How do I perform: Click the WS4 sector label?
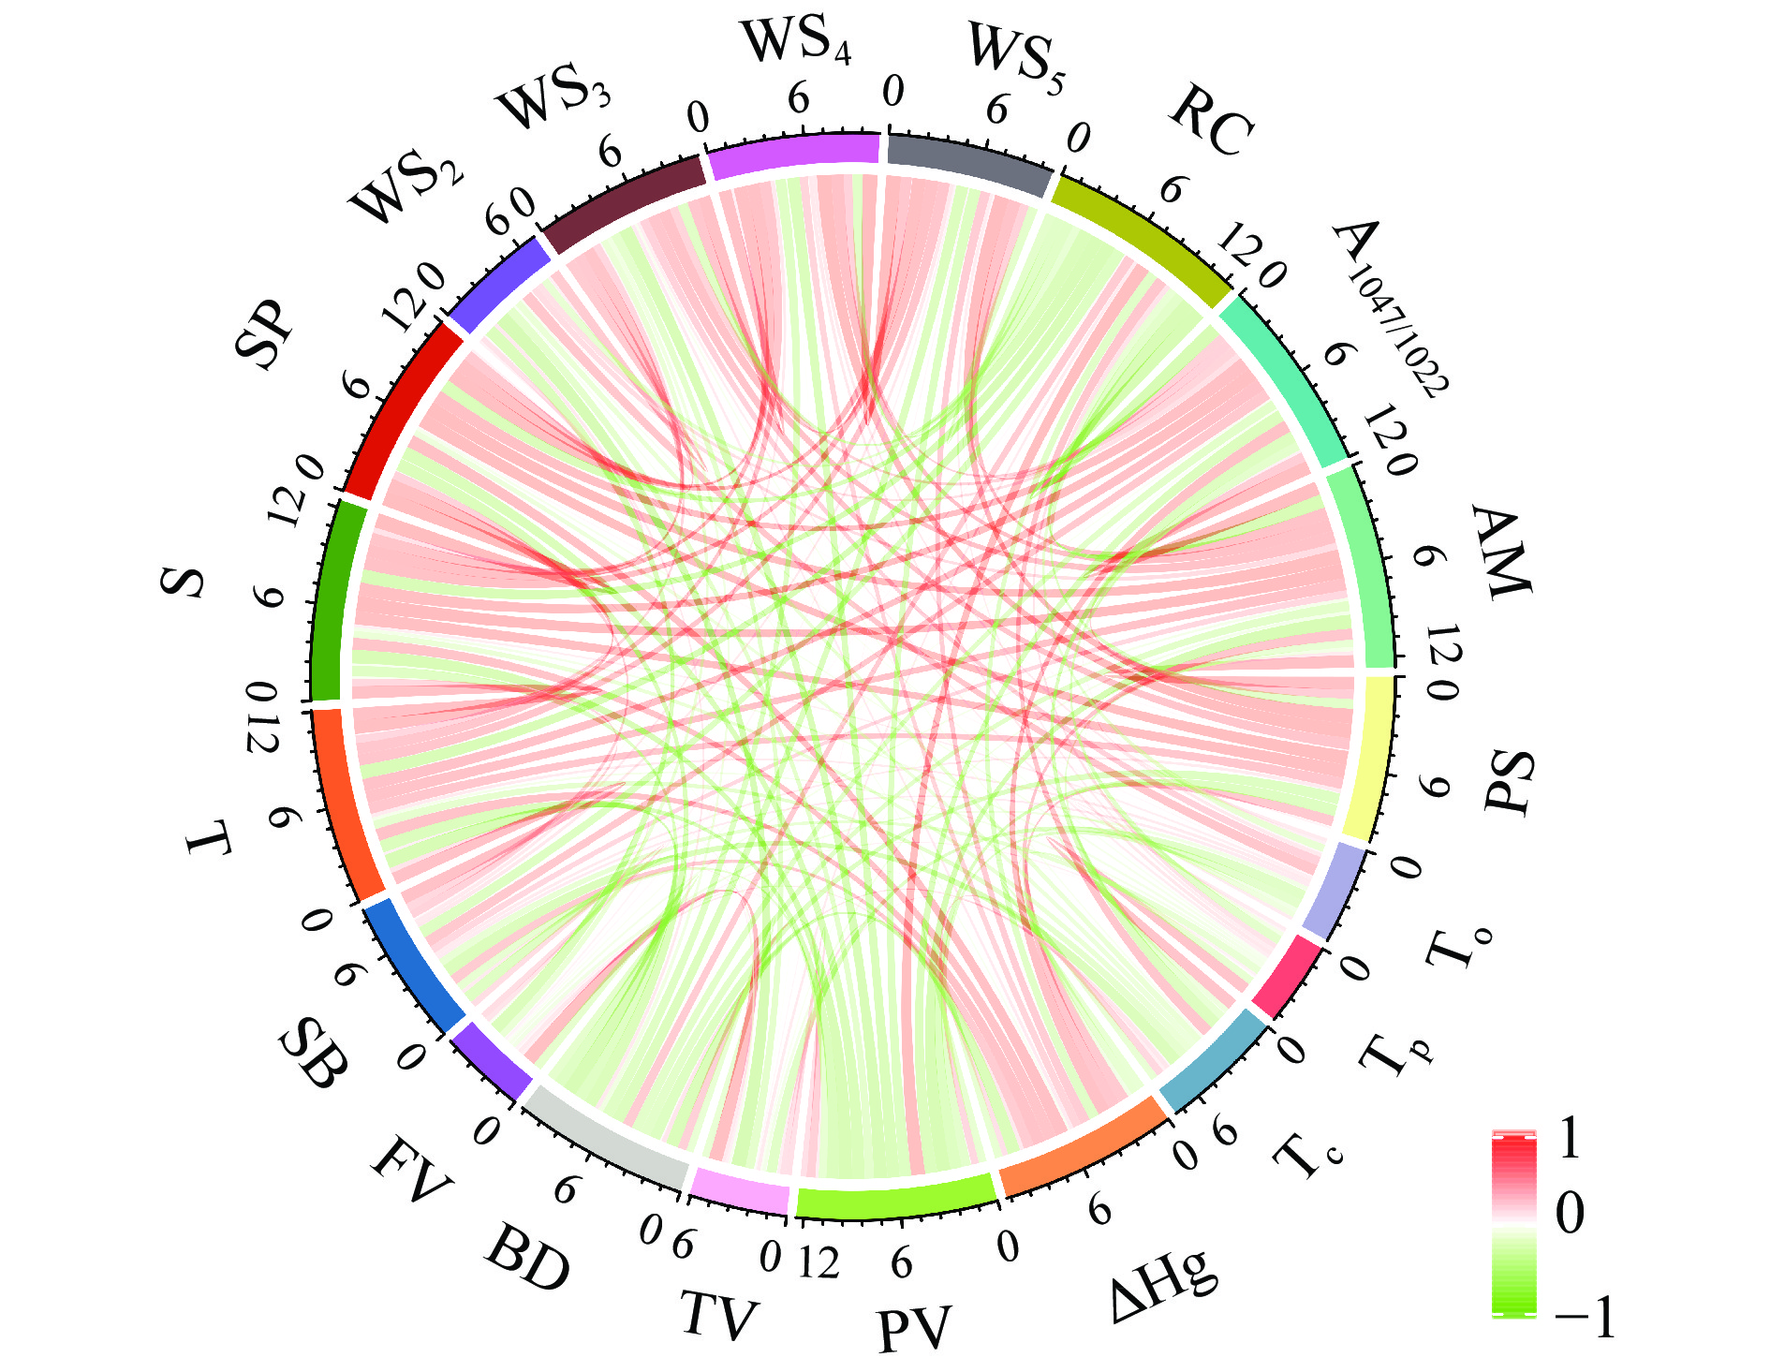[x=796, y=42]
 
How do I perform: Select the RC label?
[x=1210, y=122]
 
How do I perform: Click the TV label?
[x=718, y=1315]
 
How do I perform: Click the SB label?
[x=314, y=1054]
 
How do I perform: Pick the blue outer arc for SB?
[x=412, y=965]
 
